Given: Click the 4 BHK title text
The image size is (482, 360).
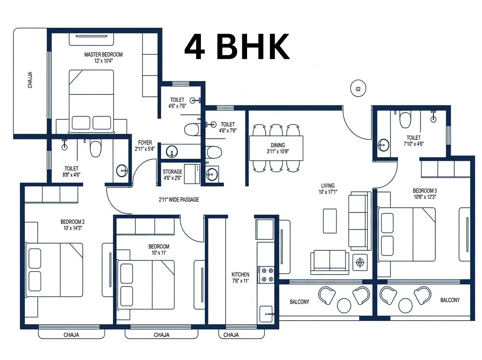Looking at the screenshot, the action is click(x=237, y=47).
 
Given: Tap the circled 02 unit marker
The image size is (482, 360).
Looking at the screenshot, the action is click(x=358, y=88).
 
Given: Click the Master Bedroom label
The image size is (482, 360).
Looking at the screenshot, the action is click(x=103, y=55).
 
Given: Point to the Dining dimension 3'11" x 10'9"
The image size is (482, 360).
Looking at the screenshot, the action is click(x=278, y=151).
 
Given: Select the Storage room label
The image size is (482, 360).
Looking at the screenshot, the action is click(x=172, y=172).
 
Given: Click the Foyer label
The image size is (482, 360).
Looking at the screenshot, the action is click(x=145, y=143).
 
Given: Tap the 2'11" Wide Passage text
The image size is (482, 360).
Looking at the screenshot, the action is click(x=179, y=200).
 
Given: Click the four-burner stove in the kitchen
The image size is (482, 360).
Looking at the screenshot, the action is click(x=266, y=274).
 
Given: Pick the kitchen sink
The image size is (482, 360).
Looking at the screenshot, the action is click(x=266, y=314).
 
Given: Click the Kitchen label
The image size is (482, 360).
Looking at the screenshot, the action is click(x=241, y=274).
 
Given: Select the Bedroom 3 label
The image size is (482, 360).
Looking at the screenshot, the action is click(x=425, y=191).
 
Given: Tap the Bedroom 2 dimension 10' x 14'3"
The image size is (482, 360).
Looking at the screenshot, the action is click(x=72, y=228).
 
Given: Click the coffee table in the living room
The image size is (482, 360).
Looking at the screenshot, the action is click(x=330, y=221).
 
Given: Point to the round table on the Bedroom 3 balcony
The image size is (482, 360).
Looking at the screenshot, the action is click(x=405, y=306).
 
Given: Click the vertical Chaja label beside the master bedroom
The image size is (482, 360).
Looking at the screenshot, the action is click(x=30, y=80).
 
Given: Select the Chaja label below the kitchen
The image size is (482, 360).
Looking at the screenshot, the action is click(x=231, y=335).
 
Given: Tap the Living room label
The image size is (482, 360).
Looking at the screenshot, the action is click(x=328, y=186).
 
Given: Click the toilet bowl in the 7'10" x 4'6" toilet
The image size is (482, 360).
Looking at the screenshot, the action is click(x=405, y=120).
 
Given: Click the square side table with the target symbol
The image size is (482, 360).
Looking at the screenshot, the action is click(x=360, y=262).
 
